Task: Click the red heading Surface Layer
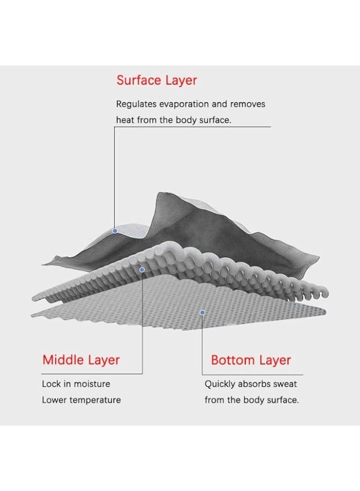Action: pyautogui.click(x=157, y=81)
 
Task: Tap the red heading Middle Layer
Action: pyautogui.click(x=81, y=360)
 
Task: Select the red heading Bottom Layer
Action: pyautogui.click(x=251, y=360)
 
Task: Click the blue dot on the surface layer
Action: pyautogui.click(x=115, y=231)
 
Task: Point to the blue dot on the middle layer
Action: pyautogui.click(x=142, y=270)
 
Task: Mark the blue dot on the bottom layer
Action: pyautogui.click(x=202, y=313)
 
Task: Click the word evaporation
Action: pyautogui.click(x=184, y=104)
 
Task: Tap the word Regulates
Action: pyautogui.click(x=136, y=105)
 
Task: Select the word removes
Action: pyautogui.click(x=248, y=104)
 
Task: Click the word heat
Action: pyautogui.click(x=125, y=120)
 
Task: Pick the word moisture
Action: pyautogui.click(x=92, y=384)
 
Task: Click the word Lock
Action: pyautogui.click(x=51, y=384)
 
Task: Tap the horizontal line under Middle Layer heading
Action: pyautogui.click(x=92, y=374)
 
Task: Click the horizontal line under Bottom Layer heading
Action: pyautogui.click(x=253, y=374)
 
